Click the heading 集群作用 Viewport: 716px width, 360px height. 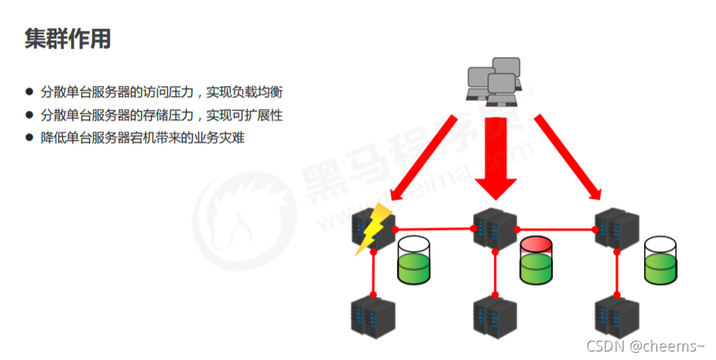[67, 40]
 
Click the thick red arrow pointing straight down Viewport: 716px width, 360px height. [495, 155]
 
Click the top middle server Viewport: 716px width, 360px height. [495, 228]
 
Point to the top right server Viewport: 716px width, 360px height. [617, 228]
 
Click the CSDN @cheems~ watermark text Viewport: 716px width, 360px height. [646, 345]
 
